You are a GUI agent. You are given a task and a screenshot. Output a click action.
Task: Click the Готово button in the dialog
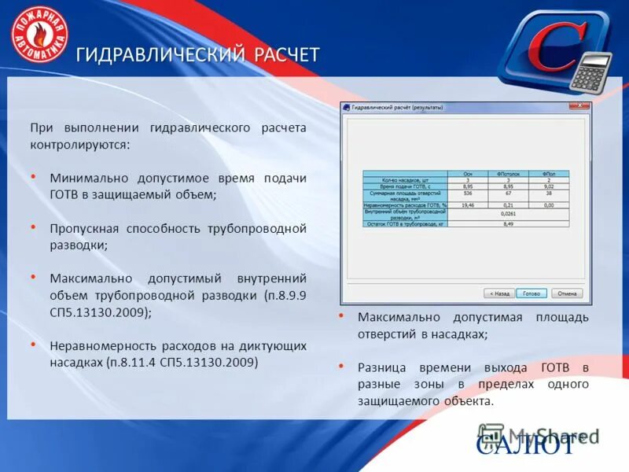coord(532,293)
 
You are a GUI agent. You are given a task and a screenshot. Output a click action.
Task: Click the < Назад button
coord(499,293)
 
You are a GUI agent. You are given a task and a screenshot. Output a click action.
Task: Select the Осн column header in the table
coord(468,173)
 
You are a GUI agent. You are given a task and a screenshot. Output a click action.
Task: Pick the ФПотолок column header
coord(509,173)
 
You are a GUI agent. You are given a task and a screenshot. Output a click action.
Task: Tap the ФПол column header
coord(549,173)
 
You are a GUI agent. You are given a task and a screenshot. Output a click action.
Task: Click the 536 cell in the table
coord(468,192)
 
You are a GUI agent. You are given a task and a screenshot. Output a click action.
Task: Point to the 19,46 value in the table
coord(468,205)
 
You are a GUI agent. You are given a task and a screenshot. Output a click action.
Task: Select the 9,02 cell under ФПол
coord(549,186)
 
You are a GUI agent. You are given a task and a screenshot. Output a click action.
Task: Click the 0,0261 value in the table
coord(508,213)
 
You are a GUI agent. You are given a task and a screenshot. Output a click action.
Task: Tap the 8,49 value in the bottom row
coord(508,224)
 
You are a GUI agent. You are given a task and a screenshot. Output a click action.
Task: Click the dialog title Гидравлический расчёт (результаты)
coord(397,106)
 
